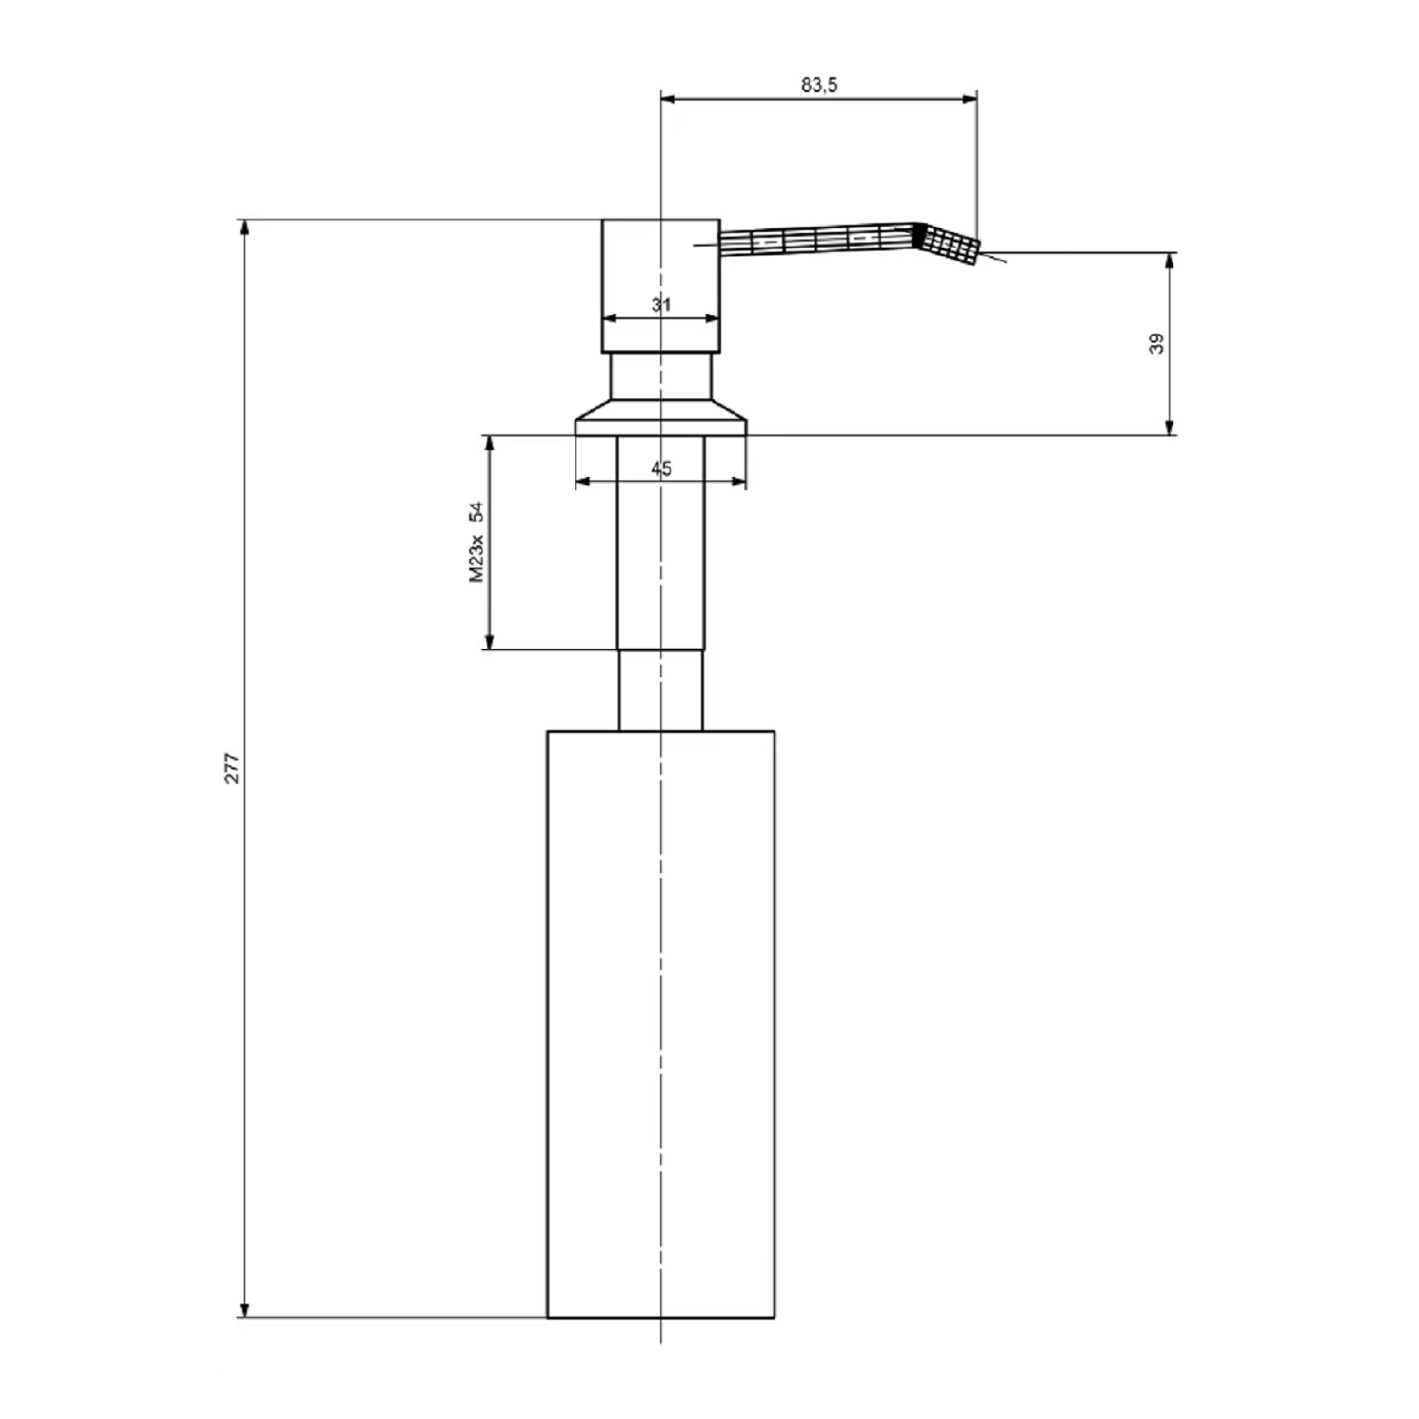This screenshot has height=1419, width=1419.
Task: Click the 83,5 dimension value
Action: pyautogui.click(x=819, y=84)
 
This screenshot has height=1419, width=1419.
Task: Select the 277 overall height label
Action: pyautogui.click(x=233, y=768)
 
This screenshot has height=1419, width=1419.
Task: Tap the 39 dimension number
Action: pyautogui.click(x=1156, y=343)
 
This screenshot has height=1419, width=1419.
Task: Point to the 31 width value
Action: pyautogui.click(x=661, y=305)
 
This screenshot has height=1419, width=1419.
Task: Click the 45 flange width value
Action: pyautogui.click(x=661, y=468)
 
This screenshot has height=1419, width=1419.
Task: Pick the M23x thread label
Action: pyautogui.click(x=477, y=559)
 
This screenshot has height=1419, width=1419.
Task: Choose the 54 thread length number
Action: pyautogui.click(x=477, y=512)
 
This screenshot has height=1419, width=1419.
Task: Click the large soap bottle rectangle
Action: pyautogui.click(x=661, y=1024)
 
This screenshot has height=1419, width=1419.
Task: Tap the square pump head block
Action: pyautogui.click(x=661, y=287)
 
